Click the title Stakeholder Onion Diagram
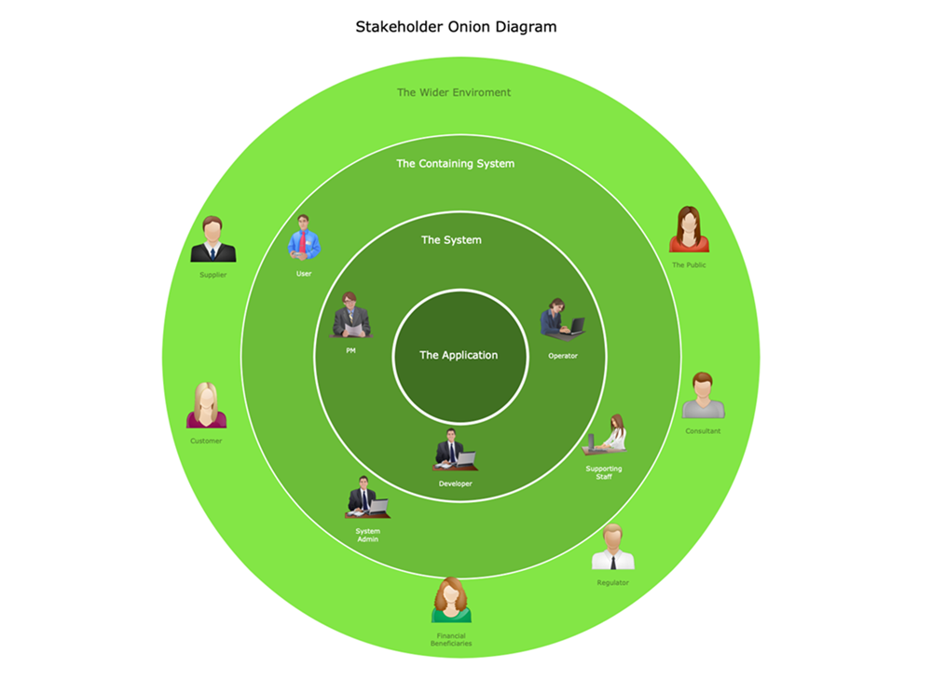coord(456,27)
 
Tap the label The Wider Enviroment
coord(454,92)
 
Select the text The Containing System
coord(455,164)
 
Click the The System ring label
coord(451,240)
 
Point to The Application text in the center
coord(459,355)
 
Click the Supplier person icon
coord(212,240)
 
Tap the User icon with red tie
coord(304,238)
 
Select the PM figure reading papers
coord(351,315)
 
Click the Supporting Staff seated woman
coord(606,434)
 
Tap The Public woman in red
coord(689,230)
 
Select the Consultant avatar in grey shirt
coord(703,396)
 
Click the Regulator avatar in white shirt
coord(612,547)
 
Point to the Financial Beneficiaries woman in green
coord(451,601)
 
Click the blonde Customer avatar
coord(206,406)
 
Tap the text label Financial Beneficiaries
coord(451,640)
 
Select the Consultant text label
coord(703,431)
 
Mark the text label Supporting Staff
coord(604,472)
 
